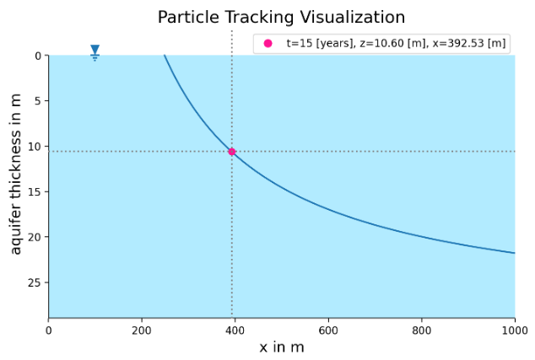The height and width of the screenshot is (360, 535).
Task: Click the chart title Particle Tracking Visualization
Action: [x=281, y=18]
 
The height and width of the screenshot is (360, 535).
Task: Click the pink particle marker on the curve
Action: [x=232, y=152]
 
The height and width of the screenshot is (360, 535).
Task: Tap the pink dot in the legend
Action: [x=268, y=43]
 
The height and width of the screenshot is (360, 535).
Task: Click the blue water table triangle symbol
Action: [x=95, y=51]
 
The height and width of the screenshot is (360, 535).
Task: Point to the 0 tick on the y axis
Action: [x=37, y=56]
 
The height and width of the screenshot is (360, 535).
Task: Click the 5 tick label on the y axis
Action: [x=37, y=101]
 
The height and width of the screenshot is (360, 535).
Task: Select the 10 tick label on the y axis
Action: [x=35, y=147]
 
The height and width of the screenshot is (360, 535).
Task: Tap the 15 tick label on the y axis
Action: [x=35, y=191]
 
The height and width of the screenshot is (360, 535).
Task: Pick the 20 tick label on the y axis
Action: [x=35, y=237]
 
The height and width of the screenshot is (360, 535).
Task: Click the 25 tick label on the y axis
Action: [x=35, y=282]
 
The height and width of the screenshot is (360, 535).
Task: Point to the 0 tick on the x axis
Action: [x=48, y=330]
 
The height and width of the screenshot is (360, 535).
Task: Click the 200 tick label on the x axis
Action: [x=142, y=330]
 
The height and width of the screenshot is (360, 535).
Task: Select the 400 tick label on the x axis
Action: [x=235, y=330]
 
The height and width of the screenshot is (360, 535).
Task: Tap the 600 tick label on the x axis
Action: [x=328, y=330]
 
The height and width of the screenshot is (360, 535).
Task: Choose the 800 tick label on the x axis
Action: [x=421, y=330]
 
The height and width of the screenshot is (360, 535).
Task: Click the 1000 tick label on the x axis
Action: [x=514, y=330]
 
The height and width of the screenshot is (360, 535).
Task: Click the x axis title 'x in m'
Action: [x=281, y=347]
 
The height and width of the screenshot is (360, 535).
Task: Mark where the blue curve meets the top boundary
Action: [x=165, y=56]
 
